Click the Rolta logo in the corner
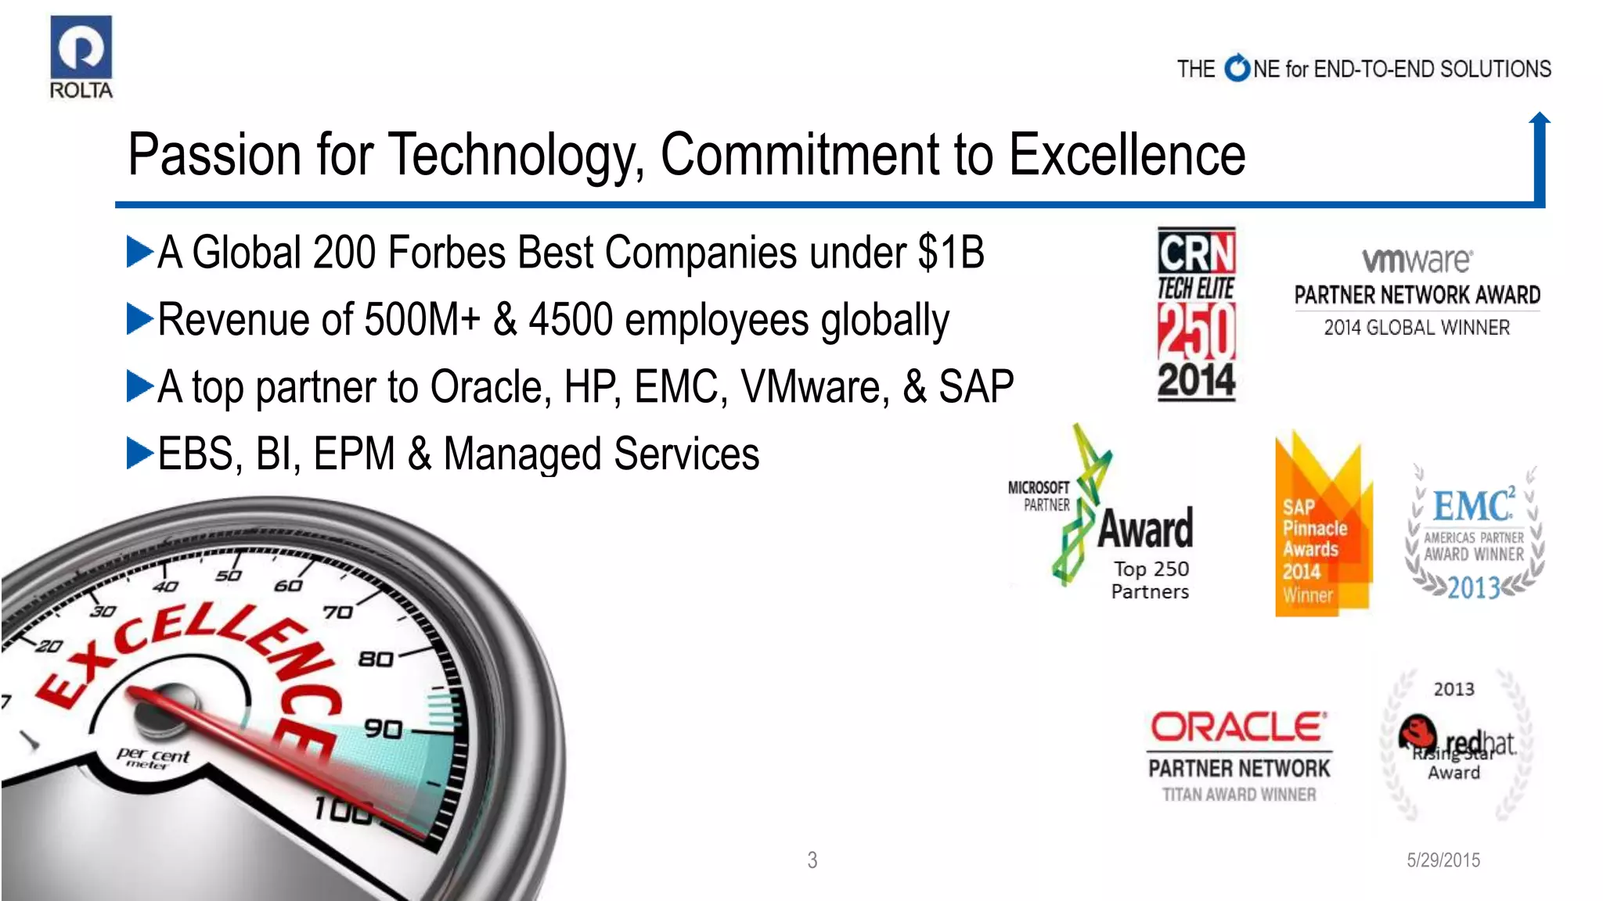[81, 57]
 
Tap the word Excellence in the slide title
[1127, 154]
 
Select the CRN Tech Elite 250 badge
[1196, 314]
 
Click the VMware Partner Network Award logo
[1417, 291]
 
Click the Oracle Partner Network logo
[1239, 755]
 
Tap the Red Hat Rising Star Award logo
[1455, 744]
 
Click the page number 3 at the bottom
[812, 860]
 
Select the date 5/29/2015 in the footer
[1443, 860]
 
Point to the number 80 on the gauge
[376, 659]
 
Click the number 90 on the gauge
[384, 729]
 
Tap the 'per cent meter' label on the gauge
[153, 758]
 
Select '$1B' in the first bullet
[951, 253]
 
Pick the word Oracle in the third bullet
[486, 387]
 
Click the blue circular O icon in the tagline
[1237, 69]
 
